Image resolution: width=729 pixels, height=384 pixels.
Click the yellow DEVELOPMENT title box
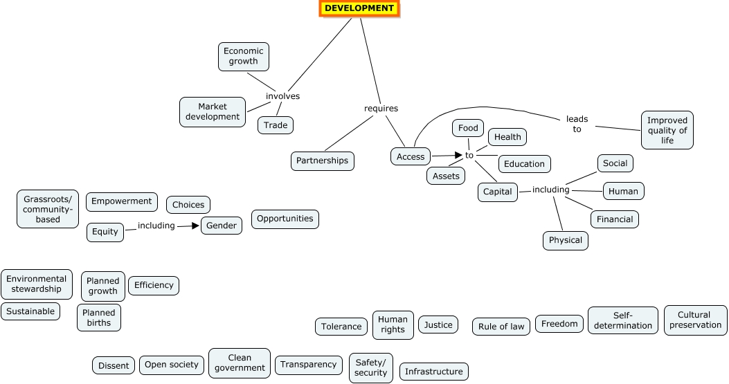(359, 8)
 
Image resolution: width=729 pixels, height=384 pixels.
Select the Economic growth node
(244, 56)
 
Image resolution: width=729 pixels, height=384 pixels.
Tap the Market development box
(213, 111)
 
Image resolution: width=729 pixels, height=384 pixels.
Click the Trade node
(276, 125)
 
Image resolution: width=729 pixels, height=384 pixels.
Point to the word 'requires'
(381, 109)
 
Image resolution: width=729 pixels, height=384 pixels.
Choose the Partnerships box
(322, 161)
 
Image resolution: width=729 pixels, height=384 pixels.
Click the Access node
(411, 157)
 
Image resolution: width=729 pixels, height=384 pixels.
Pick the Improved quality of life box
(667, 130)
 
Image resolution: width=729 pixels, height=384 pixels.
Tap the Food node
(468, 128)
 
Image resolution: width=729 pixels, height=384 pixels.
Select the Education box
(524, 164)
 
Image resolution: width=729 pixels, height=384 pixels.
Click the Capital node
(497, 192)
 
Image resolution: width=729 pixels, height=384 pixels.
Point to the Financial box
(615, 219)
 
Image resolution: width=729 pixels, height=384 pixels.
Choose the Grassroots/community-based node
(48, 209)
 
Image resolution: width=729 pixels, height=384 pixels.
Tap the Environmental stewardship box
(37, 284)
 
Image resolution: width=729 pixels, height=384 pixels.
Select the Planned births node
(99, 318)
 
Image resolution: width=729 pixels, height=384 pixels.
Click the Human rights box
(393, 324)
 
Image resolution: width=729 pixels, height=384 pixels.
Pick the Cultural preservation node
(695, 320)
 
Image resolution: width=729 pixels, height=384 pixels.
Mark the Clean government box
(240, 363)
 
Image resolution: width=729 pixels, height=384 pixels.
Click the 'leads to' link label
(577, 124)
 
